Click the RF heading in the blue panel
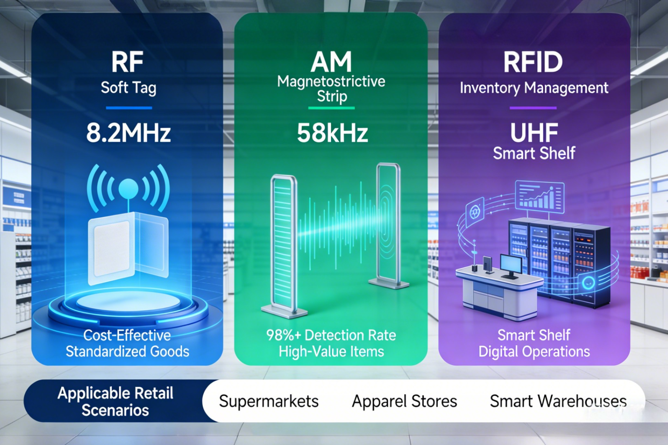tap(127, 62)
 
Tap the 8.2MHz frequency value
tap(128, 133)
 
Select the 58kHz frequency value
tap(332, 133)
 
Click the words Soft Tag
tap(128, 88)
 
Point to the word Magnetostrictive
tap(331, 81)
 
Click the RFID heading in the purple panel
tap(533, 62)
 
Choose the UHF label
tap(534, 133)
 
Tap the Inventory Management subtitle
tap(534, 88)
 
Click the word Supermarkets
tap(269, 401)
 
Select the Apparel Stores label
tap(404, 401)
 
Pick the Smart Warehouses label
tap(558, 401)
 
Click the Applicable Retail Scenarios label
tap(115, 402)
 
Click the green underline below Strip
tap(331, 108)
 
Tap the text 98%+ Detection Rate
tap(331, 335)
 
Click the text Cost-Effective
tap(127, 335)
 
